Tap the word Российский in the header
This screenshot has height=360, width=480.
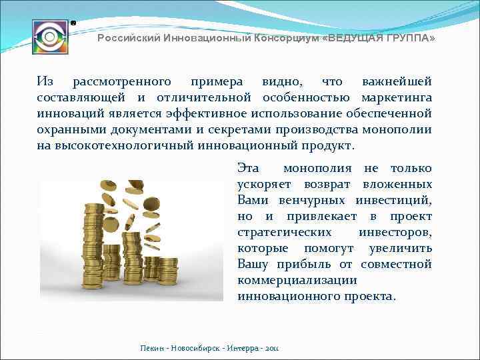click(x=127, y=39)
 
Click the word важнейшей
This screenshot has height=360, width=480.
click(x=397, y=82)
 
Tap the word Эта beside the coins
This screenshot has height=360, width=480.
click(x=249, y=169)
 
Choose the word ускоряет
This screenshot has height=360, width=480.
click(x=264, y=185)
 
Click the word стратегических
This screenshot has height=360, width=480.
click(x=285, y=233)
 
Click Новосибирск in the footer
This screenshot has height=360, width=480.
click(x=198, y=349)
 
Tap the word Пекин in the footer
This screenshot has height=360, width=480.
click(x=153, y=349)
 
